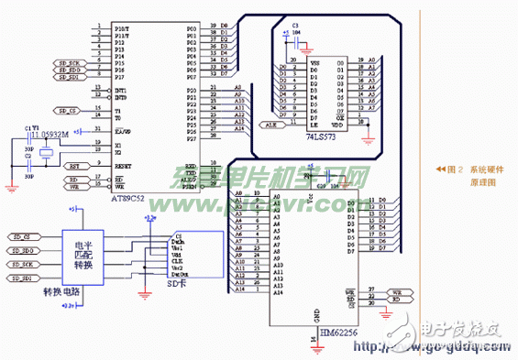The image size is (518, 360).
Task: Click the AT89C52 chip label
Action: [130, 197]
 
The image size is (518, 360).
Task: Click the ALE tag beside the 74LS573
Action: [270, 124]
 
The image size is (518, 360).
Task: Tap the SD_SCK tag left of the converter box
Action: [24, 263]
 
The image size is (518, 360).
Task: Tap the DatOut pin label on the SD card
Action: [182, 273]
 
